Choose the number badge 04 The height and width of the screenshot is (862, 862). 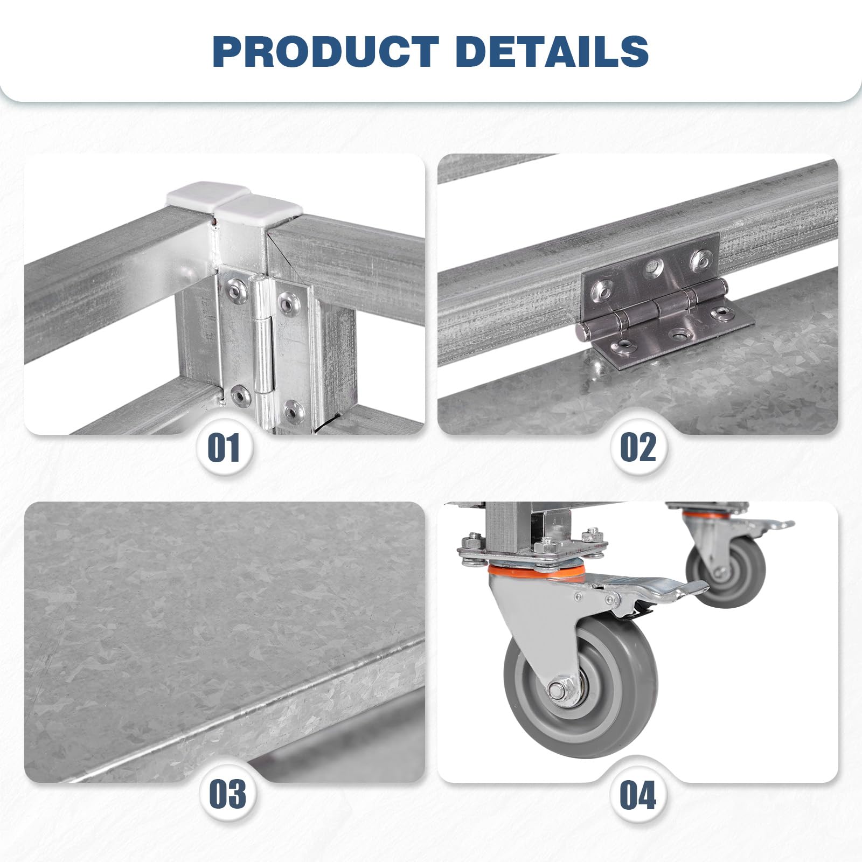tap(638, 795)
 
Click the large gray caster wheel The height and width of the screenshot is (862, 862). tap(581, 686)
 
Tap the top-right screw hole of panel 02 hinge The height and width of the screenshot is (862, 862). tap(701, 259)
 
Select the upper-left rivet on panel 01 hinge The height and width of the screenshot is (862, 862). tap(236, 291)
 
